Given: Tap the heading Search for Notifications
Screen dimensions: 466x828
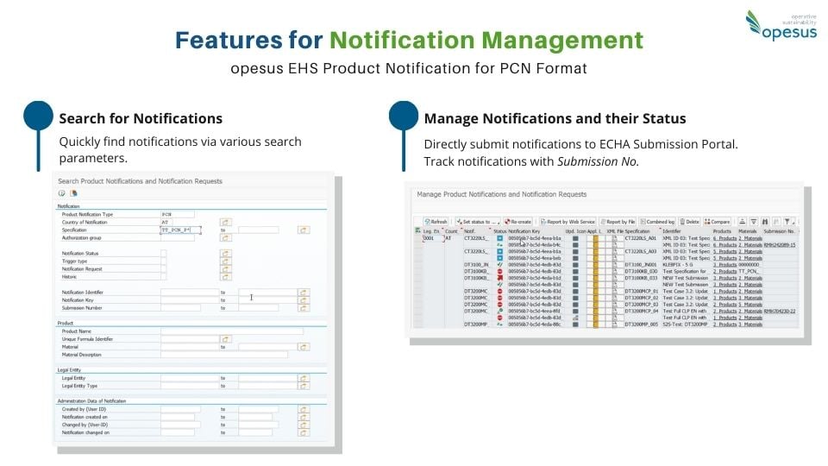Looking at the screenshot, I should click(x=141, y=118).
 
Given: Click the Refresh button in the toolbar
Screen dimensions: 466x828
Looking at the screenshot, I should click(x=436, y=222).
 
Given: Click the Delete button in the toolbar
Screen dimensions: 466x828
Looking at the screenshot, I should click(x=689, y=222).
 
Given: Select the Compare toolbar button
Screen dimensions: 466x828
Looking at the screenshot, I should click(x=718, y=222).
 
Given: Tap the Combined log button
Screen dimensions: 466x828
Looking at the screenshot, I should click(x=658, y=222).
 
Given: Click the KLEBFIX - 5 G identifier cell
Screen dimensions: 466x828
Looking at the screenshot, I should click(x=680, y=264).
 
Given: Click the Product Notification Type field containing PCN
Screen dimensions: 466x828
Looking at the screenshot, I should click(x=177, y=214).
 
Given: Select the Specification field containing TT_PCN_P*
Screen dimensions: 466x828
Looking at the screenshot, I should click(x=180, y=230).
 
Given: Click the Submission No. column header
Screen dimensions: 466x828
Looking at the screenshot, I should click(x=780, y=231).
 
